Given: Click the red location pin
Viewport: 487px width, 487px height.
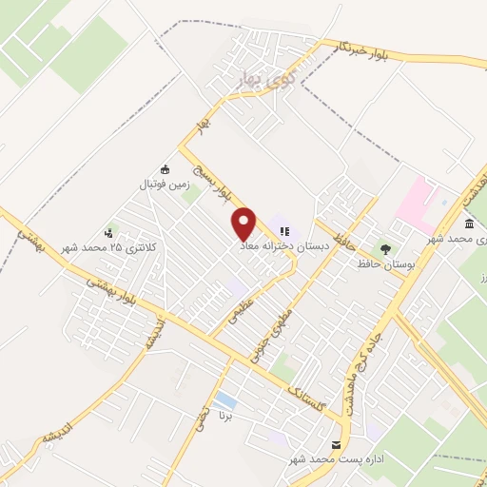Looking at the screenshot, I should click(244, 223).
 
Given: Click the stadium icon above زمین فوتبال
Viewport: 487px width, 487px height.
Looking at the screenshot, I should click(165, 168).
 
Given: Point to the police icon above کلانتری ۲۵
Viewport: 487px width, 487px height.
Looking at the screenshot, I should click(111, 232).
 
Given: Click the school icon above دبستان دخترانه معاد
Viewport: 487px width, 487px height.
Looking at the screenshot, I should click(284, 229).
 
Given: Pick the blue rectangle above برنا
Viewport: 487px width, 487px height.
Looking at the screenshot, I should click(225, 399).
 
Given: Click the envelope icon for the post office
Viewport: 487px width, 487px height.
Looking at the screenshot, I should click(335, 445).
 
